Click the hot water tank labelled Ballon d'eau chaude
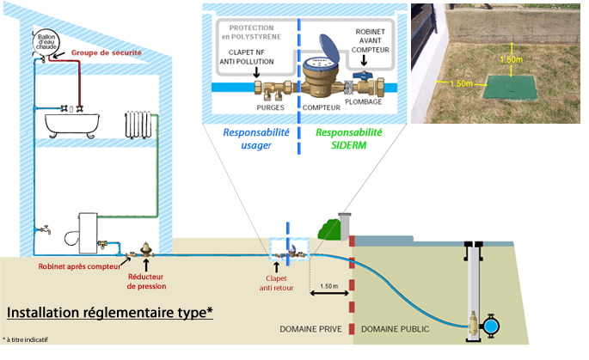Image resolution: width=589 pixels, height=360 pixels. coord(44,43)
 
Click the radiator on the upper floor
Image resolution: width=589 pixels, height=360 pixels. coord(140,125)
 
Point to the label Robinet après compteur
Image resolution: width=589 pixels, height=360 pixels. coord(77,266)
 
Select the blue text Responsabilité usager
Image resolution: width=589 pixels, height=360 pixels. coord(255,139)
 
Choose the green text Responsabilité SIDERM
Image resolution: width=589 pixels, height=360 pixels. coord(348,139)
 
